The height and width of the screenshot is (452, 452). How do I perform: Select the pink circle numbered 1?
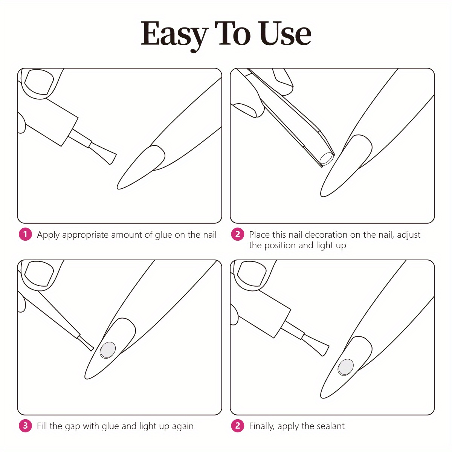click(25, 234)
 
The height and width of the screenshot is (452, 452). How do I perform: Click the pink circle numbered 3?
click(25, 426)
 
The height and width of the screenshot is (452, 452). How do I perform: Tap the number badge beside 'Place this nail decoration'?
click(237, 234)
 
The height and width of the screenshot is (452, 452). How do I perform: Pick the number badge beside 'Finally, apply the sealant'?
click(237, 426)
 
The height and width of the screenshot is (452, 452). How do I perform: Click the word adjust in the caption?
click(409, 235)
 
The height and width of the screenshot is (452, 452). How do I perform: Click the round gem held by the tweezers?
click(327, 158)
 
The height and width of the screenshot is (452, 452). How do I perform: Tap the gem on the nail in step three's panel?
click(108, 350)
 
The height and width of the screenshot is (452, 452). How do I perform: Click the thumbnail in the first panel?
click(39, 82)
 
